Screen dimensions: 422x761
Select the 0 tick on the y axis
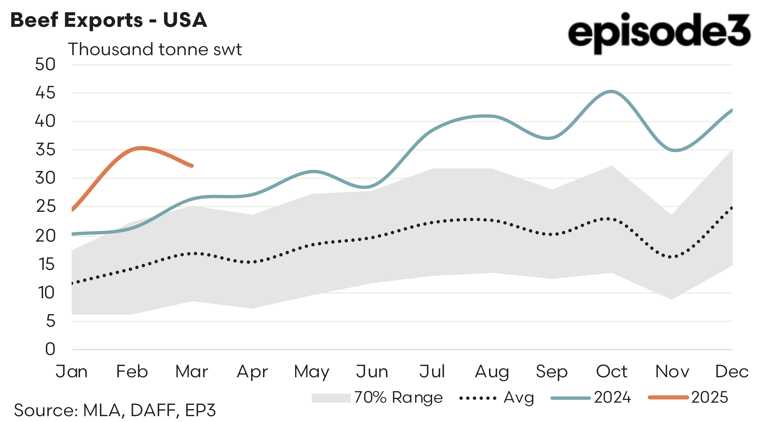50,349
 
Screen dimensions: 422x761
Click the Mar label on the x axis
192,372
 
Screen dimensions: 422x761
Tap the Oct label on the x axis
612,372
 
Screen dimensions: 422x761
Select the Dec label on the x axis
732,372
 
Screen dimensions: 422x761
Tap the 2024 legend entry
591,397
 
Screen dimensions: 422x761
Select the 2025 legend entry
688,397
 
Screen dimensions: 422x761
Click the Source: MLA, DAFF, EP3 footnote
115,410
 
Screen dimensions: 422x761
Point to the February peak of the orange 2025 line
141,148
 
